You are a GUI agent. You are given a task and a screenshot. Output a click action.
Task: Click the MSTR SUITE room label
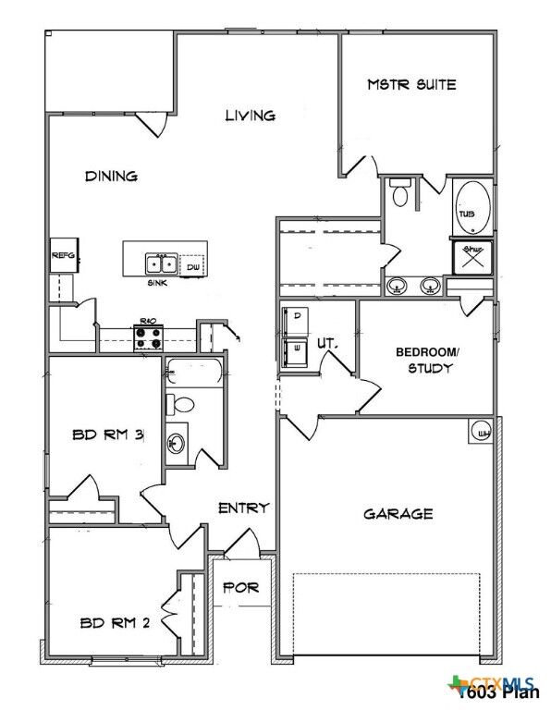tap(411, 84)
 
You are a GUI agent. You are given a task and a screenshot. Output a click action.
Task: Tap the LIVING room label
tap(251, 116)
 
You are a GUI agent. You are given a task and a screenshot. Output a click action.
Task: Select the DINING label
tap(111, 176)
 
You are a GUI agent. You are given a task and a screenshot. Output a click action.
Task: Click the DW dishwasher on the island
tap(192, 266)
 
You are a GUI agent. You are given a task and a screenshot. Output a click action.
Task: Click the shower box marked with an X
tap(471, 256)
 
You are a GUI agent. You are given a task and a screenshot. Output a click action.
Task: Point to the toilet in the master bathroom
tap(400, 194)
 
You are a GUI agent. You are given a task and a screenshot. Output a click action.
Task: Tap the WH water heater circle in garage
tap(482, 431)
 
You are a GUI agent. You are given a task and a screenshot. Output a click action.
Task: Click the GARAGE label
tap(398, 513)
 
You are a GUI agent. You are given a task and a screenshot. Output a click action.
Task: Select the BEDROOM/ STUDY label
tap(424, 360)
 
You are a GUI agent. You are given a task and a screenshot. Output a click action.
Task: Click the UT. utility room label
tap(325, 343)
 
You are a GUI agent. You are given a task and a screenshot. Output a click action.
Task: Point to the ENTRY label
tap(243, 508)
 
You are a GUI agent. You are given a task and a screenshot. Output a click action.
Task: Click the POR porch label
tap(242, 587)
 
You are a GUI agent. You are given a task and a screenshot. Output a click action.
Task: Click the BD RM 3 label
tap(106, 435)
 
